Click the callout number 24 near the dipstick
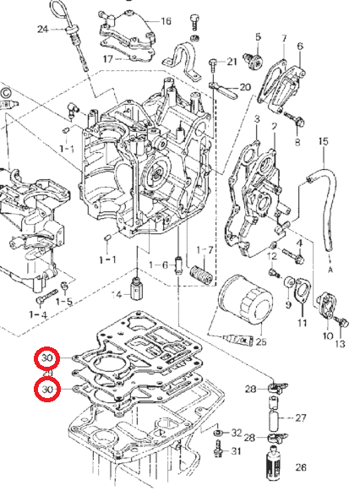click(43, 30)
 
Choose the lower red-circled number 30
click(47, 389)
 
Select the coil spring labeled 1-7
click(200, 275)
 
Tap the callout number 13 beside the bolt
click(341, 344)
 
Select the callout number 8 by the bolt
click(297, 142)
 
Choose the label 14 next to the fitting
click(117, 294)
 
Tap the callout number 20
click(245, 87)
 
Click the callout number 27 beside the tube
click(302, 417)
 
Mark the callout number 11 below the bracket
click(303, 324)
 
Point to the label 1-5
click(64, 302)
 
